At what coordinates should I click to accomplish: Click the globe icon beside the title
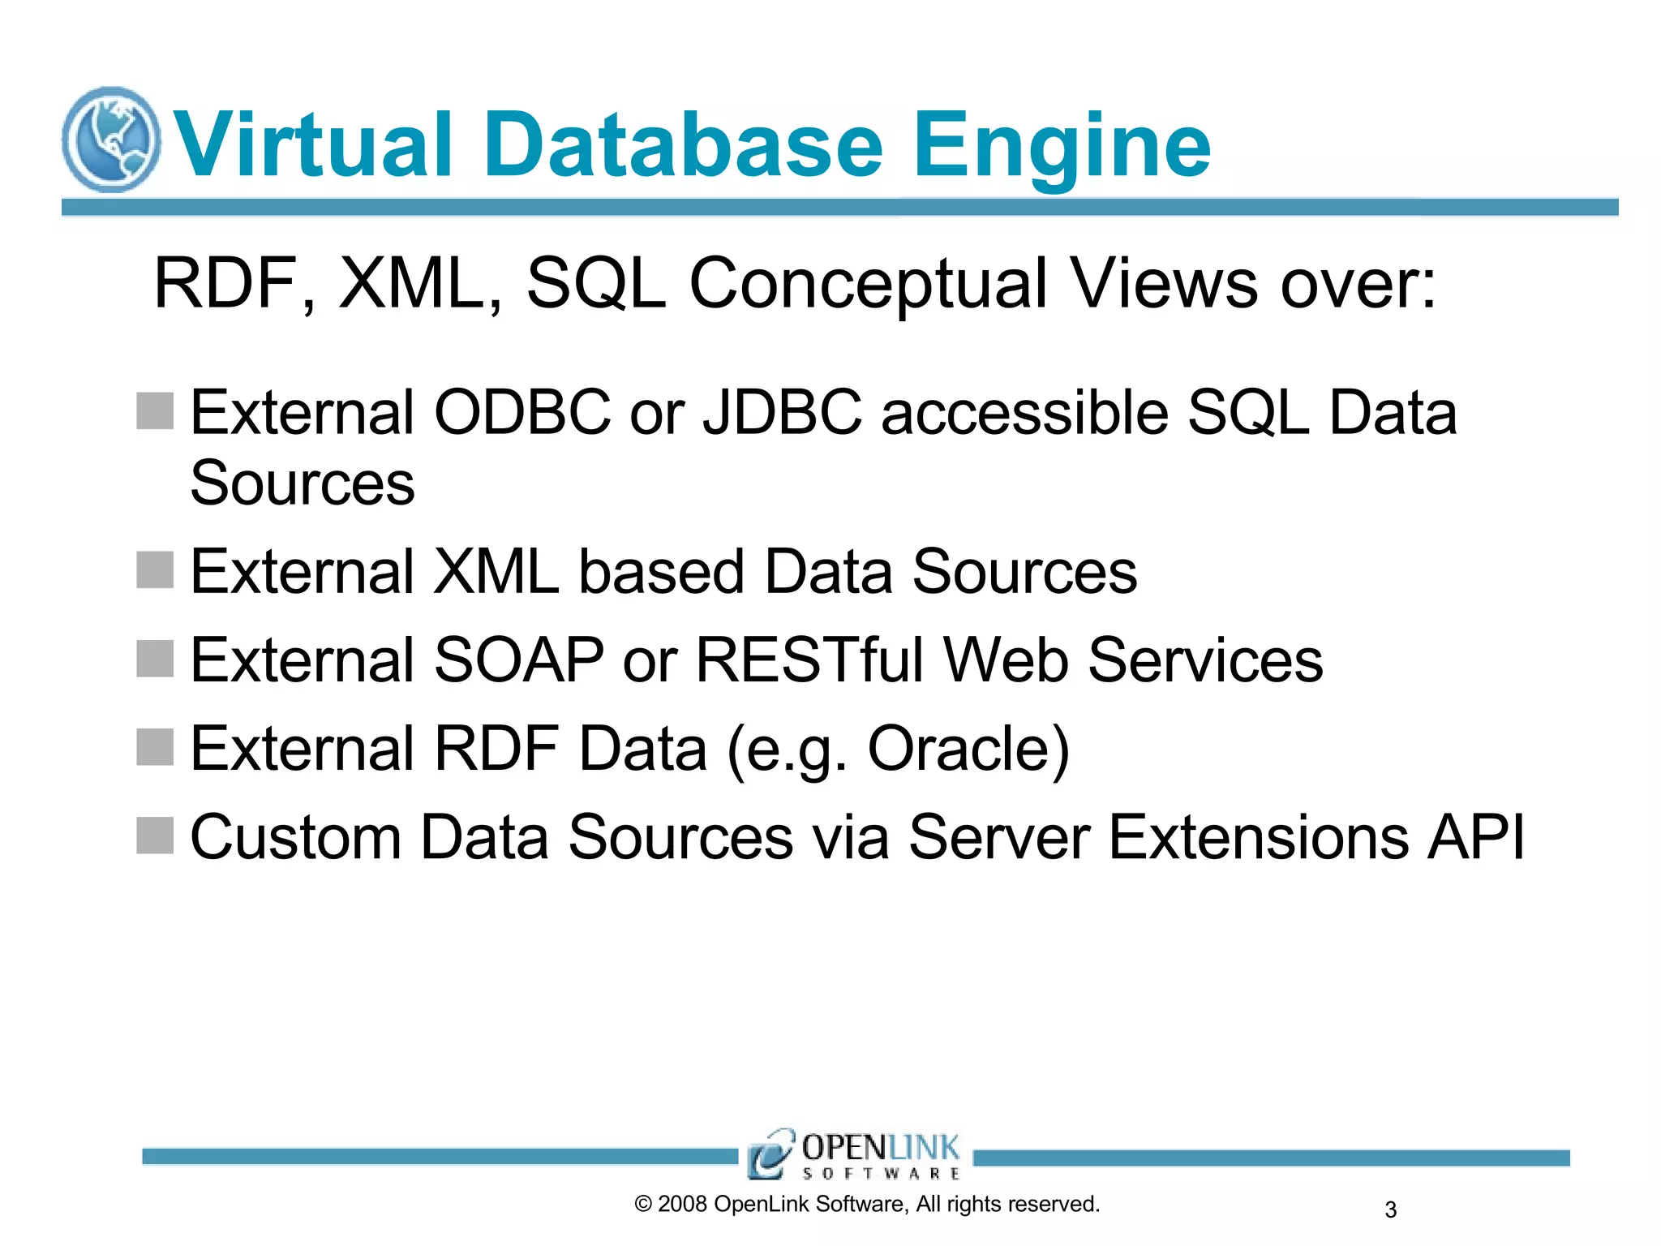coord(111,140)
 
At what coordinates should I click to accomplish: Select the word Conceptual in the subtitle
coord(868,284)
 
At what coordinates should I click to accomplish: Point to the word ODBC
coord(522,413)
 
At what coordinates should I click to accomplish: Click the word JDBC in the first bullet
coord(782,413)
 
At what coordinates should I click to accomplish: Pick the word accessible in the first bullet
coord(1024,413)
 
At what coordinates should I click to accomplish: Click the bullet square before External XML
coord(155,569)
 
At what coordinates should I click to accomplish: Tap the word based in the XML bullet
coord(661,572)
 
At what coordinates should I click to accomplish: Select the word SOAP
coord(519,660)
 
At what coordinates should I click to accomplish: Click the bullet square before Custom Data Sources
coord(155,836)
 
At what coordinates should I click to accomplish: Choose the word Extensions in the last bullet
coord(1258,837)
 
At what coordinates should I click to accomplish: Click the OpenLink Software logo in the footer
coord(854,1154)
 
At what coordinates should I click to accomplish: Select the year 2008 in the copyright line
coord(682,1205)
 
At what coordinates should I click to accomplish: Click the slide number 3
coord(1390,1210)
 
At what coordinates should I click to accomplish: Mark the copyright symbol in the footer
coord(643,1205)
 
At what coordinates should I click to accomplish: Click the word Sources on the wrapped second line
coord(303,483)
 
